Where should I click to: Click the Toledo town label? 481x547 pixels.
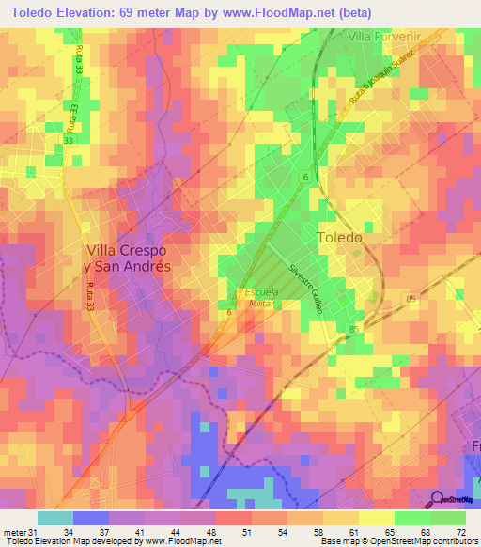[339, 238]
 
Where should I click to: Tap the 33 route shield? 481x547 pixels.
[69, 140]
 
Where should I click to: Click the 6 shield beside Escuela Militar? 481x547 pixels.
[229, 312]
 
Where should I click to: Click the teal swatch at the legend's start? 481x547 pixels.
[55, 517]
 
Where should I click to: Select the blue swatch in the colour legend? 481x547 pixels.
[91, 517]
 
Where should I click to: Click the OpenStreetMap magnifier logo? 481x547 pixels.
[436, 499]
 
